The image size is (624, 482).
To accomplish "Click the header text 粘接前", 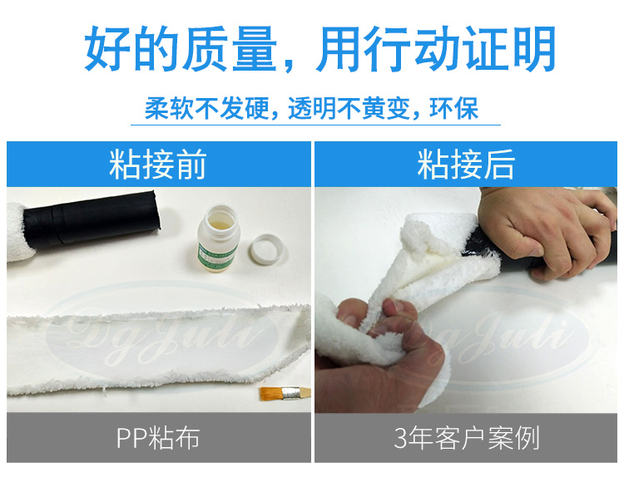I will click(x=157, y=166).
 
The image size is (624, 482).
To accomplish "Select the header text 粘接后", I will click(x=466, y=166).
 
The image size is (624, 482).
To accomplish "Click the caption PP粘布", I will click(x=157, y=438).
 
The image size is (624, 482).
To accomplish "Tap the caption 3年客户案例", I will click(x=466, y=438).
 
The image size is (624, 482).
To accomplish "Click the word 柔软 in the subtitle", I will click(x=164, y=109).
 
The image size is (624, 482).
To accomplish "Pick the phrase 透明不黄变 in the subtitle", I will click(x=349, y=109).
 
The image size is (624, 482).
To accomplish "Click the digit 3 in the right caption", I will click(x=401, y=438).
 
